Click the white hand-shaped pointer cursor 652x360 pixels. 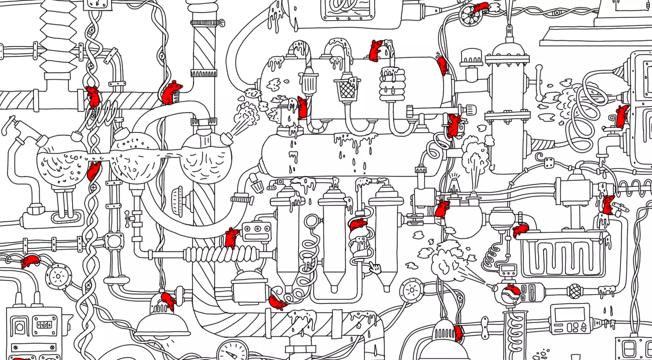pos(374,268)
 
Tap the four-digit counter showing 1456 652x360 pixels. pos(45,325)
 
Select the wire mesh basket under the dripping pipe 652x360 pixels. pos(346,89)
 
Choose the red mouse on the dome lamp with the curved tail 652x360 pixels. pos(168,301)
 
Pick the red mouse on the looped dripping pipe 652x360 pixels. pos(375,51)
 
